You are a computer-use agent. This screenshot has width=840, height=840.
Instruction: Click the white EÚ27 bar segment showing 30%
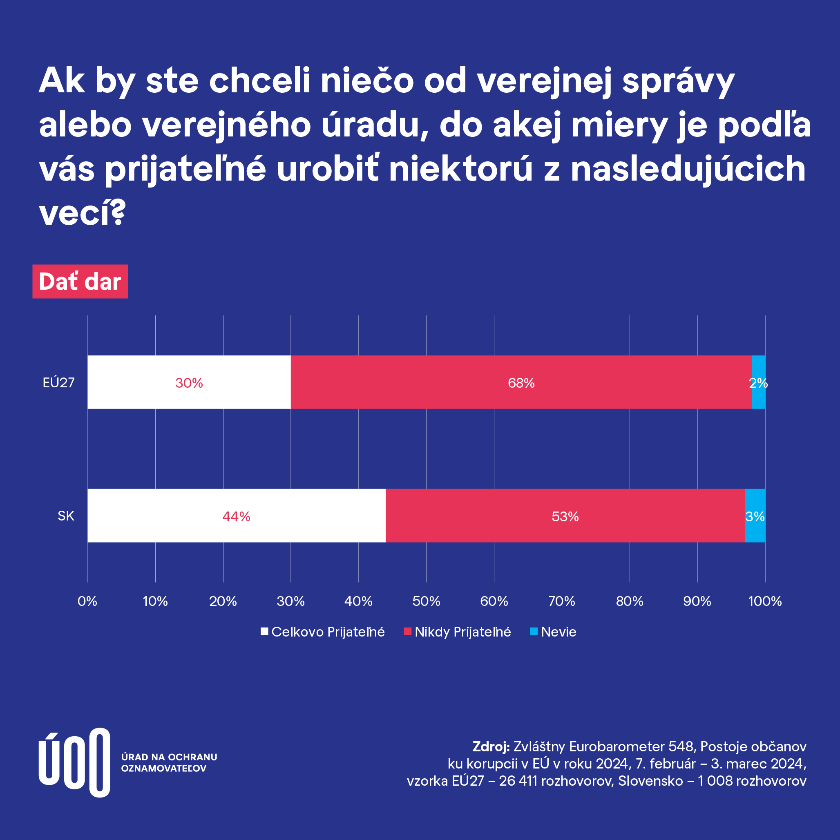point(189,382)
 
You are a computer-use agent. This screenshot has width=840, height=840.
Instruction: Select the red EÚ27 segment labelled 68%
point(521,382)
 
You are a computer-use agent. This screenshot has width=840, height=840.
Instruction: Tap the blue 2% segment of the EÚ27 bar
point(758,382)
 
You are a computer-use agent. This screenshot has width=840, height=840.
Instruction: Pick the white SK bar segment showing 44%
point(236,516)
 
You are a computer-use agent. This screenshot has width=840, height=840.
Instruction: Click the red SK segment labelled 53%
point(565,516)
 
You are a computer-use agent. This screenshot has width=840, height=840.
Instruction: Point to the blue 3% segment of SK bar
point(755,516)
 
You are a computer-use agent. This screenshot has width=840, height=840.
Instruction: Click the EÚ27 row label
point(59,382)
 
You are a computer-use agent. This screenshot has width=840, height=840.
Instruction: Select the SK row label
point(66,516)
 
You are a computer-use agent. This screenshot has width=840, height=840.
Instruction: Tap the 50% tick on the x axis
point(426,601)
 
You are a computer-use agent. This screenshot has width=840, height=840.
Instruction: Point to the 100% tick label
point(765,601)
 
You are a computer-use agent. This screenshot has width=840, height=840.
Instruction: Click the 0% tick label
point(87,601)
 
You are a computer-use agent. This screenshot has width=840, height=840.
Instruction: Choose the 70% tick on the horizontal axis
point(562,601)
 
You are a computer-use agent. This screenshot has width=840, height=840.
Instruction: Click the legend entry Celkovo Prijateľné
point(323,632)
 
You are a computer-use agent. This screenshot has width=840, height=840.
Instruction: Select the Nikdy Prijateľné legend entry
point(458,632)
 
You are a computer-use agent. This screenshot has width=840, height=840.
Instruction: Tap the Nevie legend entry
point(554,632)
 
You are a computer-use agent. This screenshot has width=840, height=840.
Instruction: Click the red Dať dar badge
point(80,281)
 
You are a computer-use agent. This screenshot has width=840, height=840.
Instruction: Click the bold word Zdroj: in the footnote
point(491,746)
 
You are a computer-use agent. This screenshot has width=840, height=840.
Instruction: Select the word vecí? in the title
point(82,213)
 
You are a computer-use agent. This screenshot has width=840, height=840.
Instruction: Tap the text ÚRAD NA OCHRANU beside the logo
point(169,757)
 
